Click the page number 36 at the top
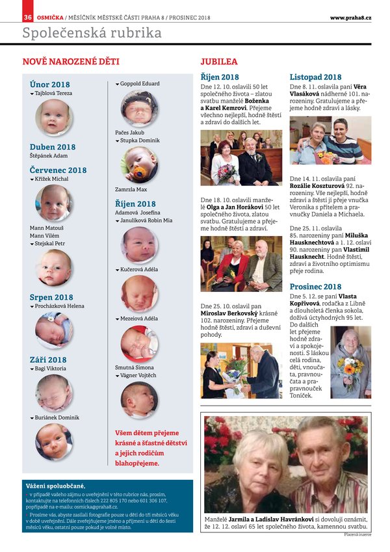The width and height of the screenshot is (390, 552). click(x=27, y=17)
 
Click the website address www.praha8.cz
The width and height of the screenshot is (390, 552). click(x=350, y=17)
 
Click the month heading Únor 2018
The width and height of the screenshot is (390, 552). click(x=50, y=85)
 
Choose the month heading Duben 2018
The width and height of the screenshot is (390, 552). click(x=53, y=147)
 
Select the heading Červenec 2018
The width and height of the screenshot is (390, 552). click(x=58, y=170)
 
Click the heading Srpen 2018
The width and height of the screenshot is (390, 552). click(x=51, y=297)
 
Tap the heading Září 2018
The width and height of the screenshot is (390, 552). click(x=48, y=359)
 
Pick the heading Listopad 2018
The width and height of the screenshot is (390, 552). click(x=315, y=77)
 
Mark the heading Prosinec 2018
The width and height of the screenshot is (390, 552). click(x=315, y=286)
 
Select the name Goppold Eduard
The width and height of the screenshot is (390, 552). click(x=140, y=84)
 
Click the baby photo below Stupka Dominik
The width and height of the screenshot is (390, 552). click(x=139, y=164)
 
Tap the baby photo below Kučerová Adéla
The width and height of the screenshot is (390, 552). click(x=139, y=293)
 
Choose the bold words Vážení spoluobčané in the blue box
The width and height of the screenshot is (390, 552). click(x=55, y=486)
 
